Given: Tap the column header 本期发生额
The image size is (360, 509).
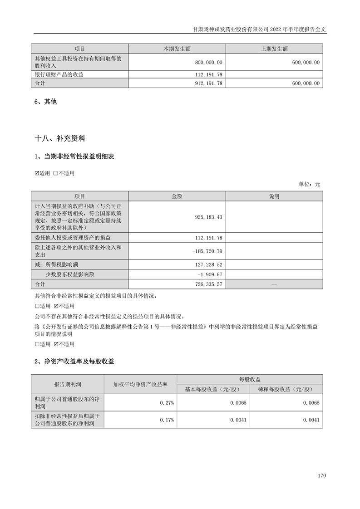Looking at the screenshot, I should pos(177,49).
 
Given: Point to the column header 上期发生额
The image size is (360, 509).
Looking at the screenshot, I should pos(274,49).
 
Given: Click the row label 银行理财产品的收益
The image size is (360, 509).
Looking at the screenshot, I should pos(59,74).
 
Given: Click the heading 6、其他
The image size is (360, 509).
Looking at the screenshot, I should pos(45,102).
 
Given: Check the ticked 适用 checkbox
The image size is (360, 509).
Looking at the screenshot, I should pos(37,173).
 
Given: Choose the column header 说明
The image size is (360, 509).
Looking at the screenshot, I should pos(274,196).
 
